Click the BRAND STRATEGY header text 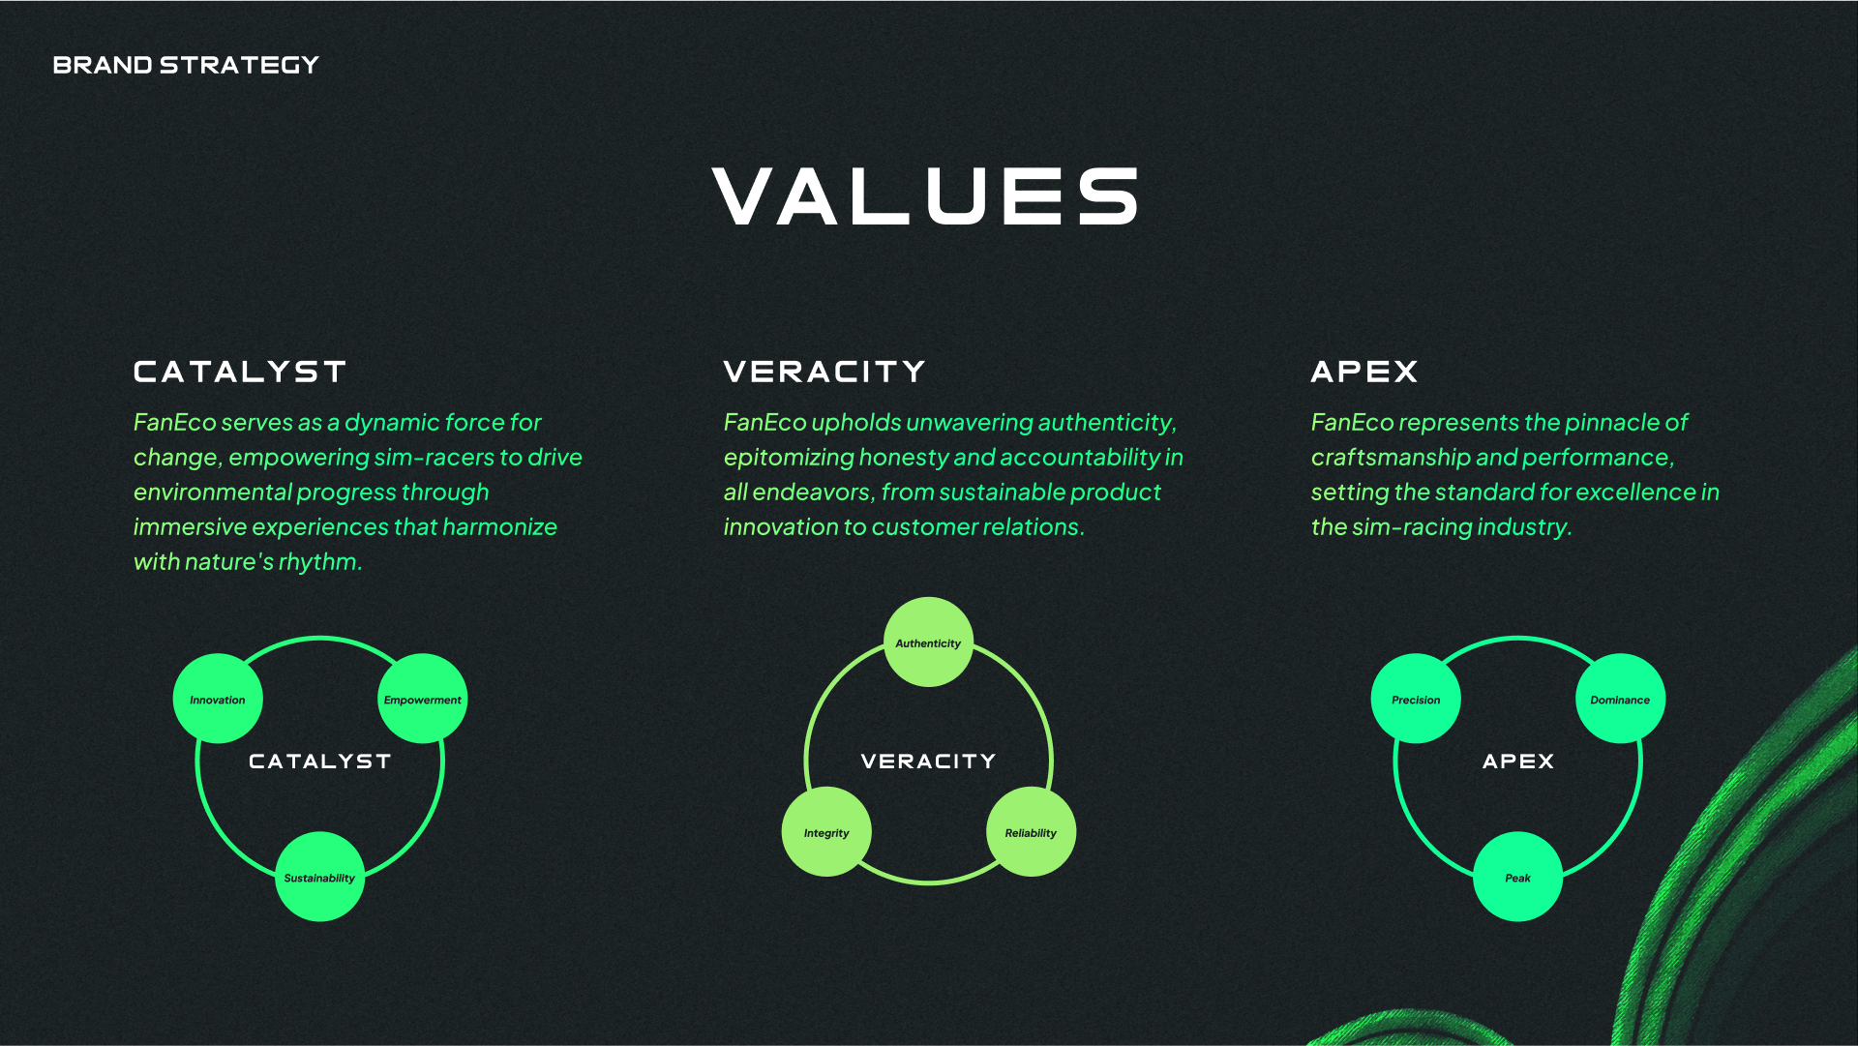tap(186, 65)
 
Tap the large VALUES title tap(927, 196)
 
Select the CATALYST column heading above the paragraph tap(240, 372)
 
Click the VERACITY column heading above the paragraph tap(824, 372)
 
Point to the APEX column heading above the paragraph tap(1364, 372)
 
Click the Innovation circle tap(218, 699)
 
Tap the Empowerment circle tap(423, 699)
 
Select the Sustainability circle tap(320, 877)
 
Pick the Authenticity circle tap(928, 643)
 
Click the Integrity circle tap(826, 832)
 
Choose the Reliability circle tap(1031, 832)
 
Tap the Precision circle tap(1416, 699)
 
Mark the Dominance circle tap(1621, 699)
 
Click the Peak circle tap(1518, 877)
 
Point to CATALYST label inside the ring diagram tap(320, 762)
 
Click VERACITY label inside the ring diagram tap(928, 762)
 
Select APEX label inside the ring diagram tap(1518, 762)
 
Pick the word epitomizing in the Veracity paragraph tap(789, 458)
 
